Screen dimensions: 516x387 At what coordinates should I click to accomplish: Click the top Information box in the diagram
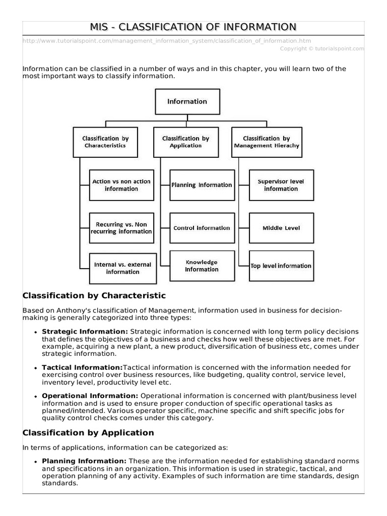pos(187,101)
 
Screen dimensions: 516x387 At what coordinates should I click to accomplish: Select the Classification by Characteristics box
pos(105,142)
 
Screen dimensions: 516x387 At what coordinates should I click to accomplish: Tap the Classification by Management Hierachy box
pos(266,142)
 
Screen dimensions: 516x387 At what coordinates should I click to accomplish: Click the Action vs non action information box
pos(121,185)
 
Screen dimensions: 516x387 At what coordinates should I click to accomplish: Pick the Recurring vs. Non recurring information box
pos(121,228)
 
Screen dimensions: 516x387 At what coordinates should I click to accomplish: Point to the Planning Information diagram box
pos(202,185)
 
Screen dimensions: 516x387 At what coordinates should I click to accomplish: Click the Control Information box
pos(202,228)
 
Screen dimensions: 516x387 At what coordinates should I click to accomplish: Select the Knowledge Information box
pos(202,266)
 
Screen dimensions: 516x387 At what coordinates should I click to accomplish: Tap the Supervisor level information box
pos(281,185)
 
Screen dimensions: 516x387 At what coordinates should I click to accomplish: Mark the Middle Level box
pos(281,228)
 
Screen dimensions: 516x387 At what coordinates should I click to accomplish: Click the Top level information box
pos(281,266)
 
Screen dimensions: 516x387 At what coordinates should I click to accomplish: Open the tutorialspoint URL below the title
pos(167,40)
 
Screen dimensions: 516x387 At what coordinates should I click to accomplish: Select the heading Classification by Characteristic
pos(94,295)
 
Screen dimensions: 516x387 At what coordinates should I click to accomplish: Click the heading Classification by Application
pos(88,432)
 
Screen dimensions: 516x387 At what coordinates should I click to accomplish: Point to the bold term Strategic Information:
pos(85,332)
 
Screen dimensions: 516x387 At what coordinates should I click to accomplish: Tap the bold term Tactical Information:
pos(82,368)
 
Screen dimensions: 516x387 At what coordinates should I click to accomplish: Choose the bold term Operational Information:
pos(90,396)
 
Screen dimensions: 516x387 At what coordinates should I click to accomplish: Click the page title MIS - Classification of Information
pos(193,27)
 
